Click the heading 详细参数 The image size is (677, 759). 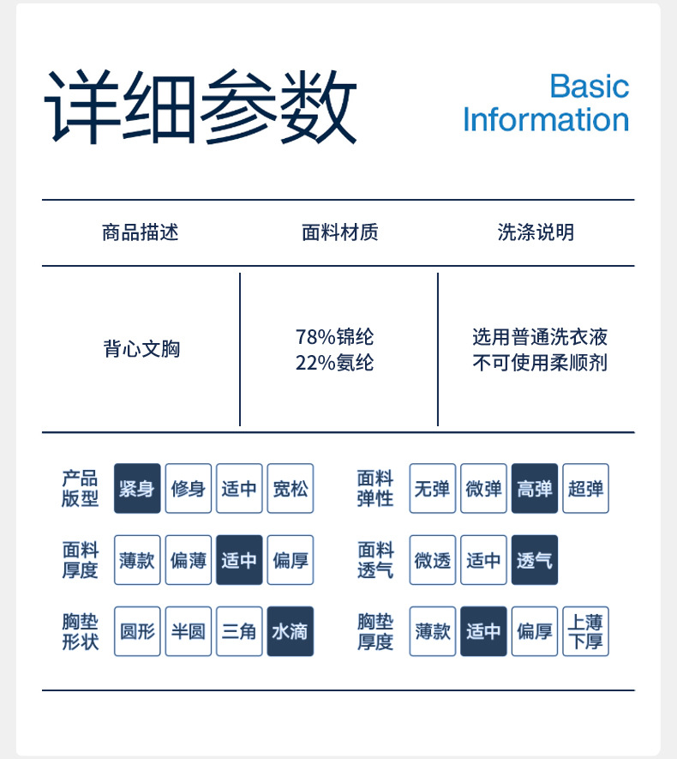click(x=201, y=108)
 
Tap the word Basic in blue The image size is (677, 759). click(x=589, y=86)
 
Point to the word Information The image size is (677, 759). click(x=546, y=120)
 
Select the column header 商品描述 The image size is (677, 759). click(x=140, y=232)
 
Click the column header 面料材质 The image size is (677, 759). click(x=339, y=232)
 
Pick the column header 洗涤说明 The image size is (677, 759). click(x=536, y=232)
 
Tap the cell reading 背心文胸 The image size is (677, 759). click(x=141, y=349)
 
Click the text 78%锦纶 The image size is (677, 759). click(x=334, y=337)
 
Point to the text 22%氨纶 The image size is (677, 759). click(x=334, y=363)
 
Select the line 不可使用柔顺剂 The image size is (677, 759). click(x=539, y=363)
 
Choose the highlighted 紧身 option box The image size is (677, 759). click(x=137, y=489)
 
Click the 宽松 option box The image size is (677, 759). click(x=290, y=489)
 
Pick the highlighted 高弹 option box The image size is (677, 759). click(x=535, y=489)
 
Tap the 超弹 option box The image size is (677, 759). click(x=585, y=489)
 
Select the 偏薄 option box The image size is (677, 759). click(x=188, y=560)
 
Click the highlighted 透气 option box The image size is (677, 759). click(x=535, y=560)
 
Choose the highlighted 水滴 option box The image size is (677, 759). click(x=290, y=631)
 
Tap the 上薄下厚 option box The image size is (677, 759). click(x=585, y=631)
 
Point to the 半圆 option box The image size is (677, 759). click(x=188, y=631)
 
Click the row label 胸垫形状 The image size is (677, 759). click(x=80, y=631)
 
